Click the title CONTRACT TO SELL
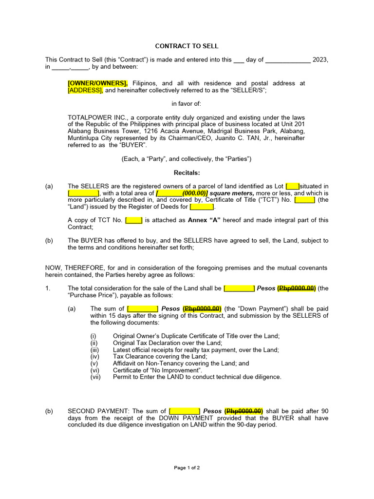pyautogui.click(x=187, y=46)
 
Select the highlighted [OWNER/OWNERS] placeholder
pyautogui.click(x=97, y=83)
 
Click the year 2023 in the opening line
pyautogui.click(x=320, y=60)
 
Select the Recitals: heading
pyautogui.click(x=187, y=173)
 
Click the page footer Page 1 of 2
pyautogui.click(x=187, y=468)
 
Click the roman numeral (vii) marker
pyautogui.click(x=95, y=377)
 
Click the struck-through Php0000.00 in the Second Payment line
pyautogui.click(x=244, y=411)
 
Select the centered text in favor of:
pyautogui.click(x=187, y=104)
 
